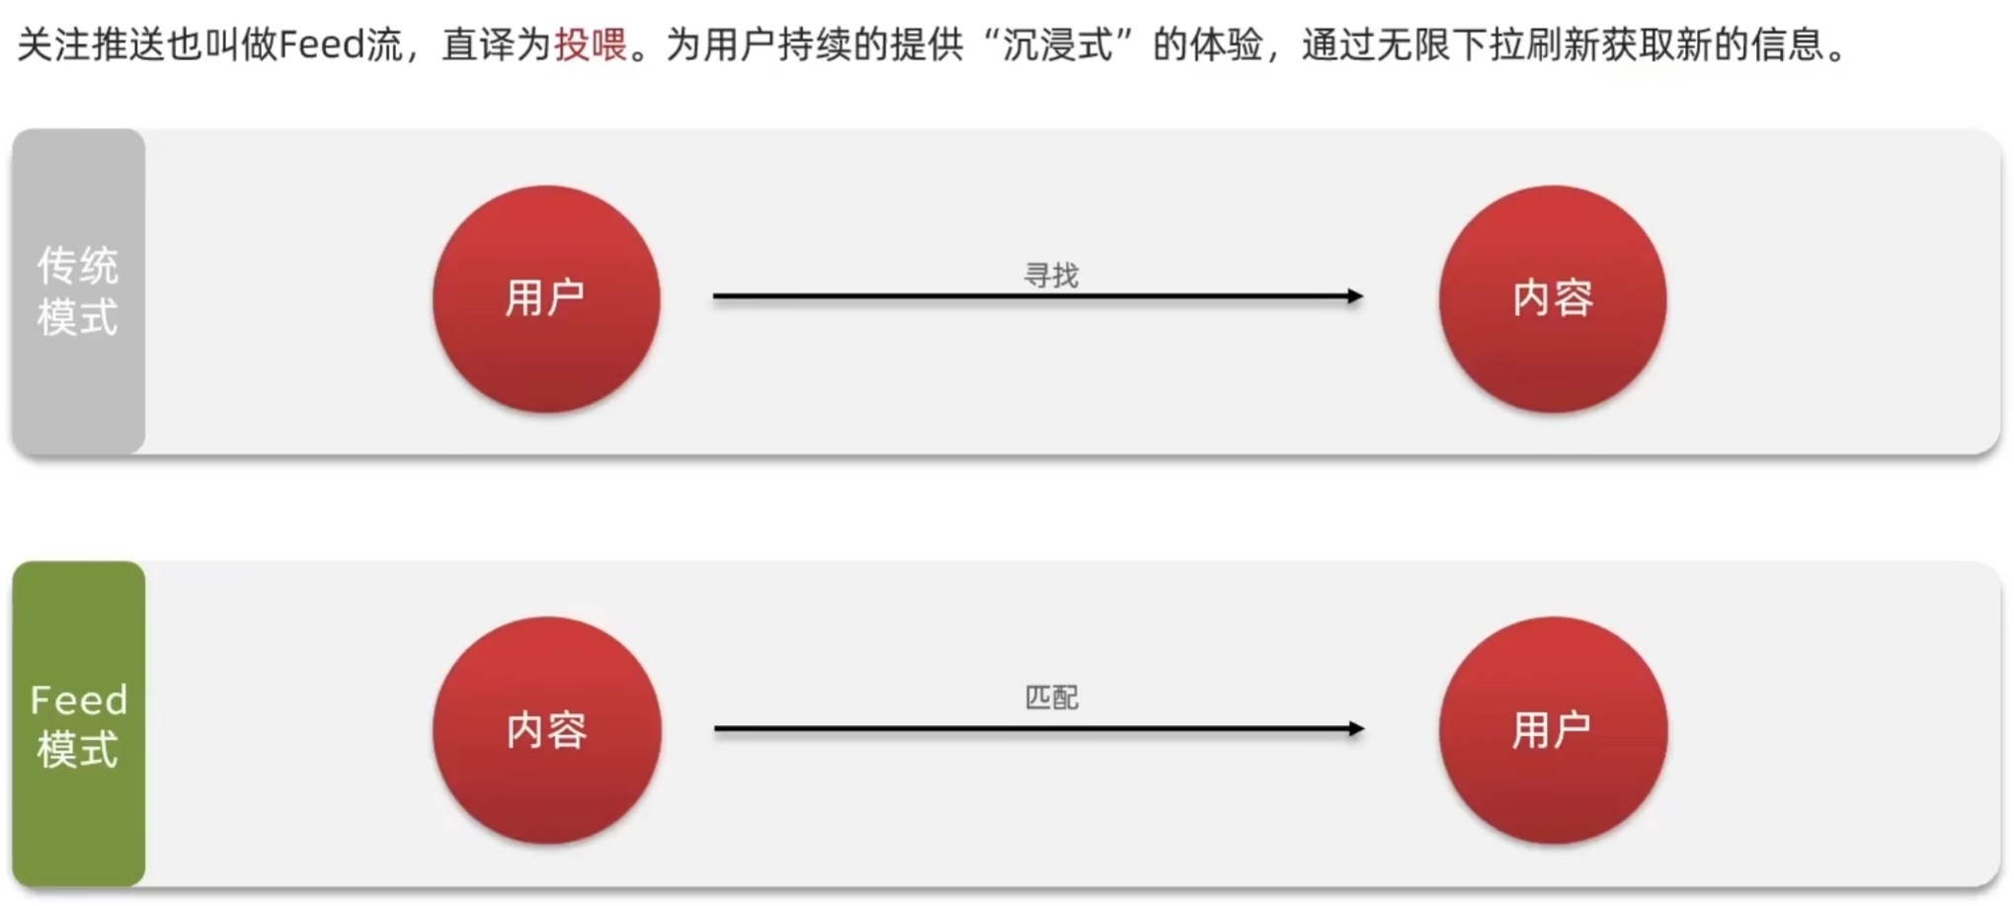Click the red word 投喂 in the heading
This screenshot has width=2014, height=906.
pyautogui.click(x=591, y=44)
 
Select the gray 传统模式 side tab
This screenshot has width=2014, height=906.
pyautogui.click(x=79, y=291)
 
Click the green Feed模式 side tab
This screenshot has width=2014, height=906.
pyautogui.click(x=79, y=724)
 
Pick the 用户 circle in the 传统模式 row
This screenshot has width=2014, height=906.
pyautogui.click(x=546, y=298)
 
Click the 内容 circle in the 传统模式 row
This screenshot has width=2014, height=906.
pyautogui.click(x=1553, y=298)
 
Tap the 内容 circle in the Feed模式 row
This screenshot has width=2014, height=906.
pyautogui.click(x=546, y=730)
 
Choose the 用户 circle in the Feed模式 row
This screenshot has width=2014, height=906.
pyautogui.click(x=1553, y=730)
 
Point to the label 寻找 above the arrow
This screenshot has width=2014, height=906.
pyautogui.click(x=1051, y=276)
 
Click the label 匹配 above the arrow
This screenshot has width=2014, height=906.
pyautogui.click(x=1051, y=698)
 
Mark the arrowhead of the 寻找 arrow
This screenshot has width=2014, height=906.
pyautogui.click(x=1355, y=295)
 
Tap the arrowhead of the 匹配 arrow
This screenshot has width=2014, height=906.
pyautogui.click(x=1356, y=729)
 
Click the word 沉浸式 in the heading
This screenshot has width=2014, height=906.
pyautogui.click(x=1058, y=44)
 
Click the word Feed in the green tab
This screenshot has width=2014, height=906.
pyautogui.click(x=79, y=700)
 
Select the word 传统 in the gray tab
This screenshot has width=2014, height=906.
pyautogui.click(x=78, y=266)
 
